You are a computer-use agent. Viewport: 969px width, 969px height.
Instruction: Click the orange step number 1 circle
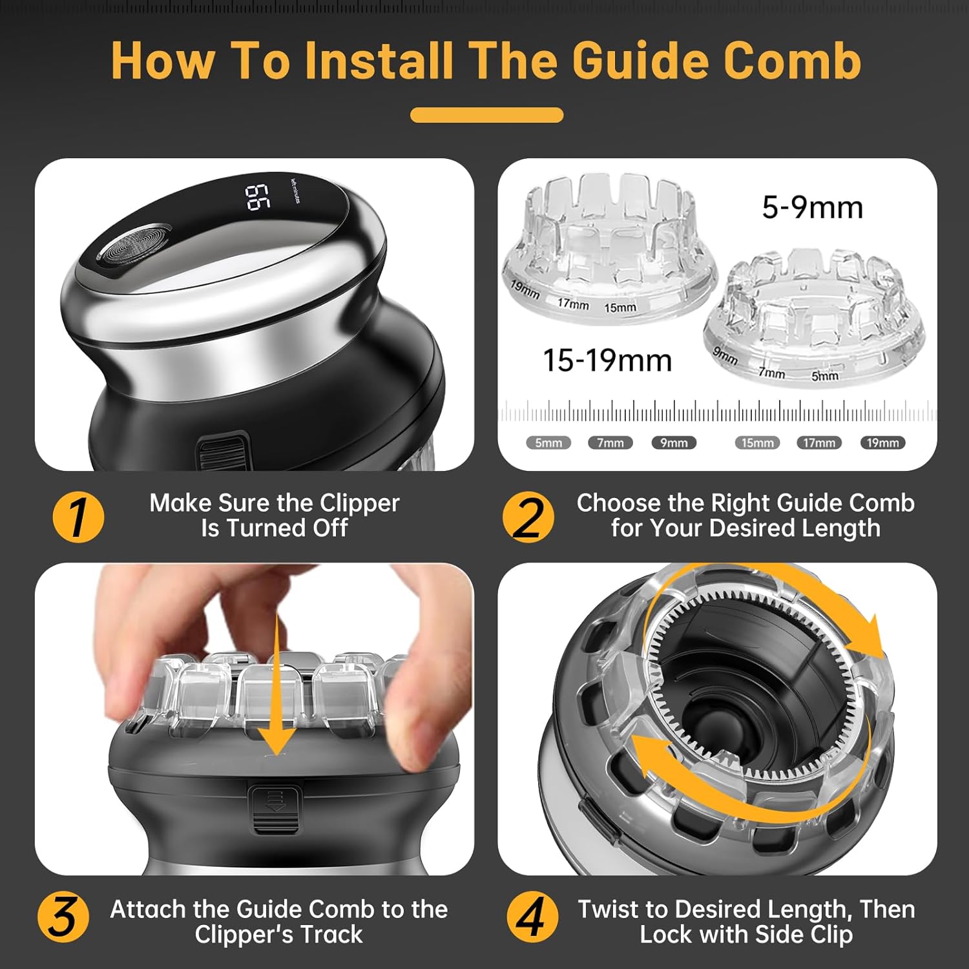click(x=78, y=517)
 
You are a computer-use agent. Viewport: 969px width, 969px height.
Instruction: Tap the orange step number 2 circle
click(x=528, y=517)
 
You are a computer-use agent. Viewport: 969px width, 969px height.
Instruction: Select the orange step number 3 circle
click(x=63, y=917)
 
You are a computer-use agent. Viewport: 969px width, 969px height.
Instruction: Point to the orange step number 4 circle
click(x=532, y=917)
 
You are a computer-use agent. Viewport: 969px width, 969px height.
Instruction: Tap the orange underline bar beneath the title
click(x=487, y=115)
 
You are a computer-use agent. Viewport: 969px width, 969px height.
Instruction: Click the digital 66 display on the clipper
click(x=257, y=197)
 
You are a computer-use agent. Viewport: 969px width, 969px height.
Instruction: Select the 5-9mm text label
click(x=812, y=208)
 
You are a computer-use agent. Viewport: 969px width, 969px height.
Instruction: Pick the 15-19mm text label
click(x=607, y=360)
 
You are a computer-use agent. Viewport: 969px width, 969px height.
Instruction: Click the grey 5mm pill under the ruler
click(x=548, y=443)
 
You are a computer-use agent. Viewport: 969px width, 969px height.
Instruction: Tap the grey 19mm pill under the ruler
click(x=882, y=443)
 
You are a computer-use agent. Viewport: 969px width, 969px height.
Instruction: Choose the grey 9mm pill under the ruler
click(x=674, y=443)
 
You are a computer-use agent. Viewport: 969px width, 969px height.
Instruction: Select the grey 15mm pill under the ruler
click(x=757, y=443)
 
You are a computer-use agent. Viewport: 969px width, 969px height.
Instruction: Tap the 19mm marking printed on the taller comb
click(x=525, y=289)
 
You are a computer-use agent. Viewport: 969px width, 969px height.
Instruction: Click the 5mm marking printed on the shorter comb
click(x=825, y=375)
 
